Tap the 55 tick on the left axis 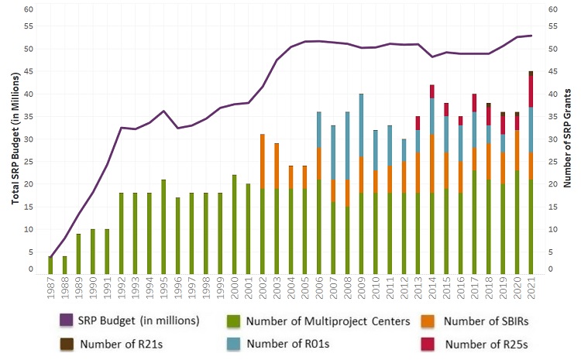click(x=29, y=26)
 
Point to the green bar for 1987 click(x=51, y=264)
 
